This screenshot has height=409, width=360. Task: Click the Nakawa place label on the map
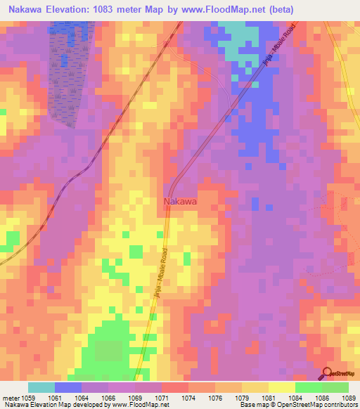tap(180, 202)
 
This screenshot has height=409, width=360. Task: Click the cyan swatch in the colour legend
tap(41, 387)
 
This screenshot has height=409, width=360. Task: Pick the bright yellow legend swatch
tap(281, 387)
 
